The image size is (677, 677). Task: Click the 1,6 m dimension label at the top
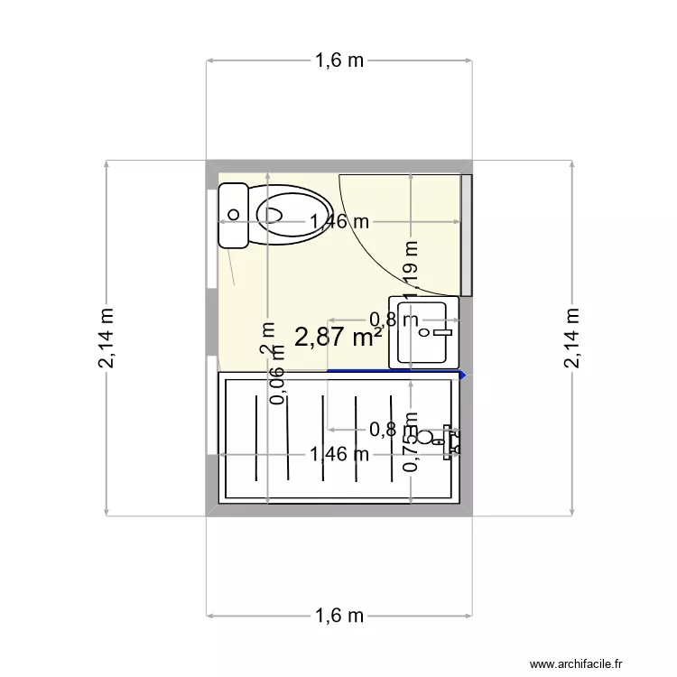(338, 60)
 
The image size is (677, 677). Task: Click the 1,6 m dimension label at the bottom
(338, 616)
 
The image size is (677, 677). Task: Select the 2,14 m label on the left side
(107, 338)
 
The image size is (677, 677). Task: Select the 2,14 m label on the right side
(571, 338)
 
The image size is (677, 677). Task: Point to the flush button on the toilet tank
(234, 215)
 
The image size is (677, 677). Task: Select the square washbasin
(423, 331)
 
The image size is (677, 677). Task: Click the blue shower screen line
(395, 371)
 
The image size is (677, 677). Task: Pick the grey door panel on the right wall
(466, 235)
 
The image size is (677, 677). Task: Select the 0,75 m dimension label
(411, 442)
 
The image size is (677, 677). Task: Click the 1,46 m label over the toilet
(338, 222)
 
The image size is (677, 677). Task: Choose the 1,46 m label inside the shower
(338, 454)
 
